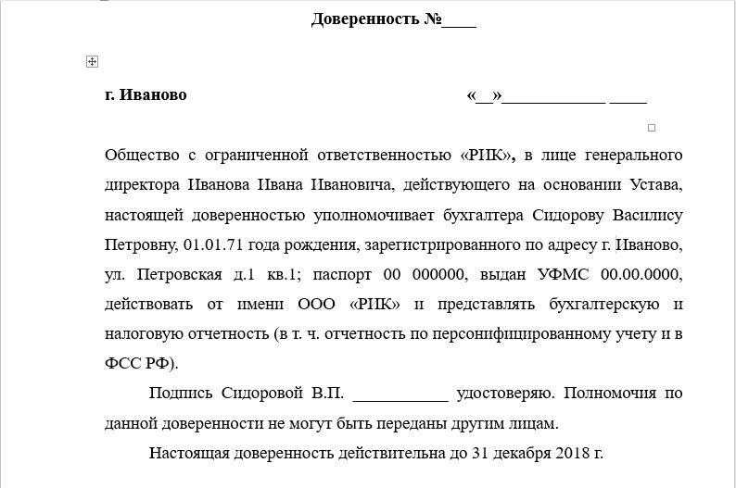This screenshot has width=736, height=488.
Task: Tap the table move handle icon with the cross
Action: click(x=92, y=62)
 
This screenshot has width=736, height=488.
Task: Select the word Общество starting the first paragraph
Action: click(x=138, y=155)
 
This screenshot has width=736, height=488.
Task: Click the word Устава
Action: click(x=654, y=185)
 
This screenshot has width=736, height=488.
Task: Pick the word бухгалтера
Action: click(x=491, y=216)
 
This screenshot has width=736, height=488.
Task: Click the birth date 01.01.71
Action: click(x=212, y=245)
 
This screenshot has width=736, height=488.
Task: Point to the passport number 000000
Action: click(x=436, y=275)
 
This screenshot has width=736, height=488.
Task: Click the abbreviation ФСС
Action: click(x=122, y=363)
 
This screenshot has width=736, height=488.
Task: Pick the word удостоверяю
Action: click(x=506, y=394)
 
